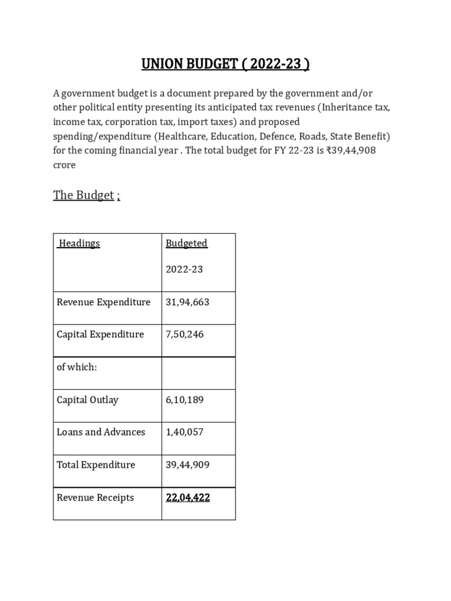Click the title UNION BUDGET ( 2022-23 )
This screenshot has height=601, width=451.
coord(225,63)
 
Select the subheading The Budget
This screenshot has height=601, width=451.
coord(83,195)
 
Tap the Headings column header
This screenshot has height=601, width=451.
coord(79,244)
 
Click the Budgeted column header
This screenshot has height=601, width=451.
coord(186,244)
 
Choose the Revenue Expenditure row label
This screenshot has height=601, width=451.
coord(103,302)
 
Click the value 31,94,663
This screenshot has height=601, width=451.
coord(187,302)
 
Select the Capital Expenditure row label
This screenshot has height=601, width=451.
coord(100,335)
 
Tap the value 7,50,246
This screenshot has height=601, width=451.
coord(184,335)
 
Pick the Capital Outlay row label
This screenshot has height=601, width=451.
coord(87,400)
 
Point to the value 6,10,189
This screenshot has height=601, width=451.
coord(184,400)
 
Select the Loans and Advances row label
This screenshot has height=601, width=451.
coord(101,432)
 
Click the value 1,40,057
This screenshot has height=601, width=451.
coord(184,432)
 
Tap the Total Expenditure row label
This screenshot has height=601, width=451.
coord(96,465)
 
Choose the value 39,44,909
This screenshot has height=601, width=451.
coord(187,465)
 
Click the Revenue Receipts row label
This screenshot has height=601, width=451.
coord(95,498)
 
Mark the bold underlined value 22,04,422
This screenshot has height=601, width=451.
coord(188,498)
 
